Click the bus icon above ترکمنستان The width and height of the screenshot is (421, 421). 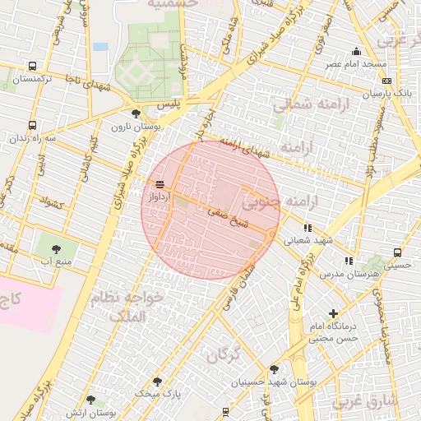tap(32, 66)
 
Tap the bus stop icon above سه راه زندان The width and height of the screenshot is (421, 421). tap(32, 126)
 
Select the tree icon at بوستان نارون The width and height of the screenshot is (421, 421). tap(136, 113)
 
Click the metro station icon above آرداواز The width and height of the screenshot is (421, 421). tap(159, 183)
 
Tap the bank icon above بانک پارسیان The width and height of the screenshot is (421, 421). tap(386, 81)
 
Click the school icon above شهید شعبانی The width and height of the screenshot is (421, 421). tap(308, 228)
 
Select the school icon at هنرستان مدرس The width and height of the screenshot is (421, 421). tap(349, 261)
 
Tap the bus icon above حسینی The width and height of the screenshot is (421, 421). tap(398, 252)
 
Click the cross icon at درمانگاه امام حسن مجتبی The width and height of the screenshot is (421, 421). tap(333, 313)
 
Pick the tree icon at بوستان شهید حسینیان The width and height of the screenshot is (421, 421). tap(274, 369)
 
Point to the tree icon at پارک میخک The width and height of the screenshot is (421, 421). tap(157, 381)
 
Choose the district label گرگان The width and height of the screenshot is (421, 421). tap(223, 356)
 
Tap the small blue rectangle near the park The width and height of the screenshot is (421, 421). tap(100, 47)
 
